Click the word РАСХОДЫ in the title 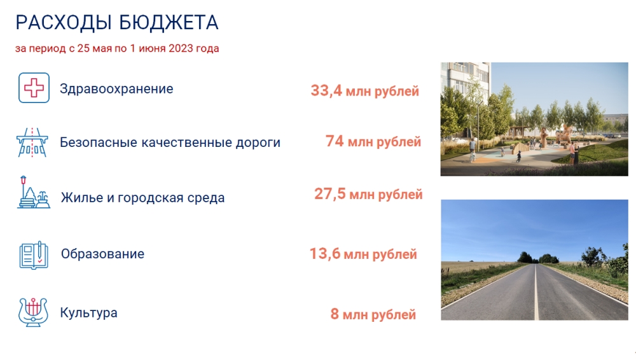tap(63, 23)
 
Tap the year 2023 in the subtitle tap(181, 48)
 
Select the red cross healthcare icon tap(34, 88)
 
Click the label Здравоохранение tap(116, 89)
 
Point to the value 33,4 tap(326, 91)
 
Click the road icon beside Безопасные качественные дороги tap(32, 142)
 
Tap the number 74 tap(335, 141)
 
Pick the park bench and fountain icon tap(34, 193)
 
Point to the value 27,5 tap(330, 194)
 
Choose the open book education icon tap(34, 255)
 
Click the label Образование tap(102, 254)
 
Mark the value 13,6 tap(325, 254)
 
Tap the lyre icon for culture tap(33, 312)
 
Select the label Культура tap(89, 313)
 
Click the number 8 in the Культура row tap(335, 314)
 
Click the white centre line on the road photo tap(536, 292)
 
